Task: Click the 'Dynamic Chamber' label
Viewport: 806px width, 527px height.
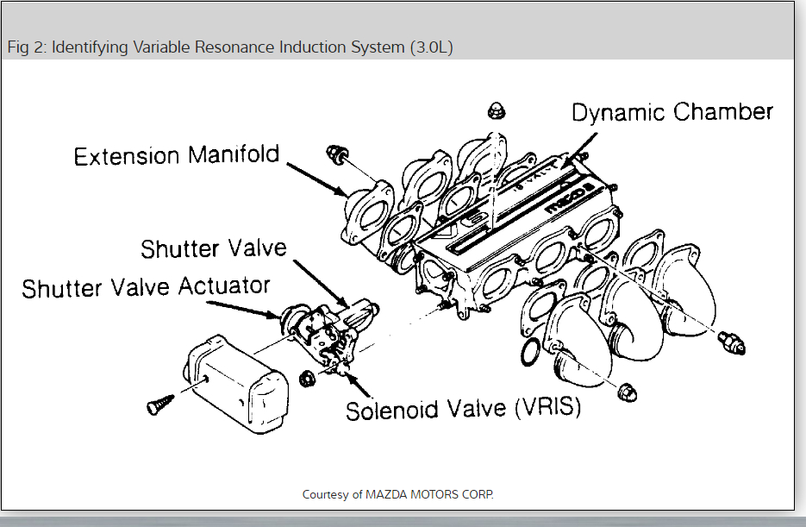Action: [672, 112]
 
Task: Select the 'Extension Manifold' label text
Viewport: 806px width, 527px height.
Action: [177, 156]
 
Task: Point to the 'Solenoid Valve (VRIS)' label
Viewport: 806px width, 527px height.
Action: [463, 409]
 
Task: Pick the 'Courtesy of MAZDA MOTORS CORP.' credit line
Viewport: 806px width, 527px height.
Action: [398, 494]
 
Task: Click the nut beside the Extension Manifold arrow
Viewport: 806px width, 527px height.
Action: [335, 155]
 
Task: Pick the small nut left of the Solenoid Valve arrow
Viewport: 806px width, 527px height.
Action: [305, 377]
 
